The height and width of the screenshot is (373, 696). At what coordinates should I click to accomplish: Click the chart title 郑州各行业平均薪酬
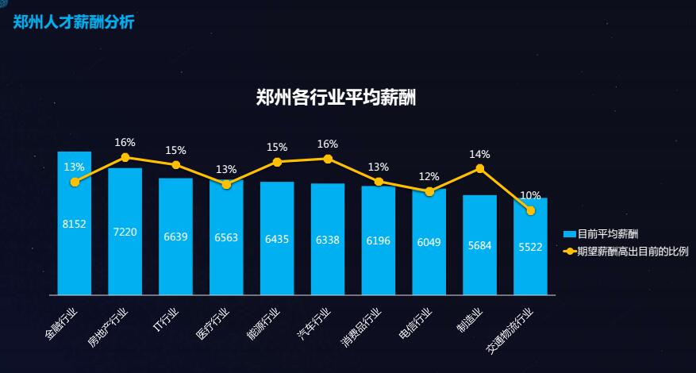(336, 98)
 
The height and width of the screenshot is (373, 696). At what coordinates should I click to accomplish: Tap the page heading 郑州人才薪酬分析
(74, 21)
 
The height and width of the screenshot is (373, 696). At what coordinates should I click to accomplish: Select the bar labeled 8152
(74, 238)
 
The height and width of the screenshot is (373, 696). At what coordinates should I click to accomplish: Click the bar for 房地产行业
(125, 238)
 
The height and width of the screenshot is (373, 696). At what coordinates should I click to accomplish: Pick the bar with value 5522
(530, 254)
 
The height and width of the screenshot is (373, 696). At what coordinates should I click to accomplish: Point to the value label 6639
(175, 236)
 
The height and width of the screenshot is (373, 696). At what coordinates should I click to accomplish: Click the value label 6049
(429, 242)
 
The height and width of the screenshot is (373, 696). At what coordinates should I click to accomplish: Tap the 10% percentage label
(530, 195)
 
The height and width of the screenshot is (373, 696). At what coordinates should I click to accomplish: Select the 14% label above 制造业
(479, 154)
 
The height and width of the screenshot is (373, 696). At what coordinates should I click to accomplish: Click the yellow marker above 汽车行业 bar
(328, 159)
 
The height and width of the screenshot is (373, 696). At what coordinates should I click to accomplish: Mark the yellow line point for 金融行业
(75, 182)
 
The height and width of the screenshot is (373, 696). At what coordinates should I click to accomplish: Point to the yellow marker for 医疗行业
(226, 184)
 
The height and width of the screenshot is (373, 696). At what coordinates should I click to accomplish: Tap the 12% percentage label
(429, 176)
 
